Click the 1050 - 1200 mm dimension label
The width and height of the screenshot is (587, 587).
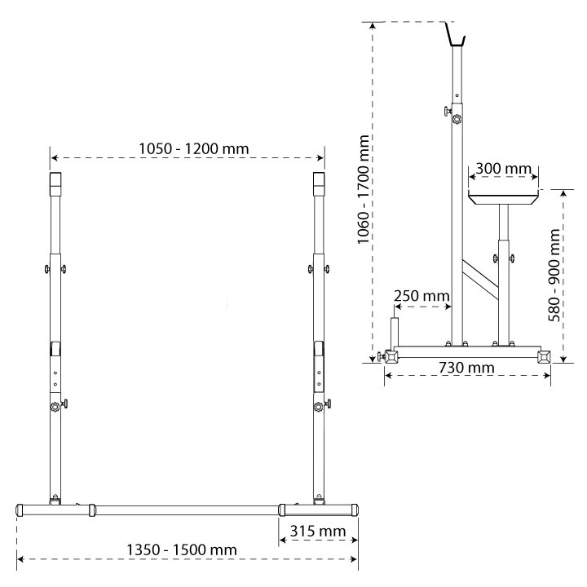click(x=193, y=149)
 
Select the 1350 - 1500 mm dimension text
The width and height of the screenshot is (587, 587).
click(x=182, y=550)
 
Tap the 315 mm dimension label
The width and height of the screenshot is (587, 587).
click(x=318, y=531)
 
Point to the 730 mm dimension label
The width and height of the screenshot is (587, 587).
click(x=466, y=368)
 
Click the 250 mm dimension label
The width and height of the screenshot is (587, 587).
click(x=421, y=296)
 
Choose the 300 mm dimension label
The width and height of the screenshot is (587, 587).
click(x=503, y=169)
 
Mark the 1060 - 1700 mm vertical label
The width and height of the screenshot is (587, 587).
click(x=363, y=189)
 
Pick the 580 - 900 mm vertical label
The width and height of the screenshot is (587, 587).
click(x=554, y=276)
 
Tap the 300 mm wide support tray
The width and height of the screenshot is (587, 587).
click(x=504, y=197)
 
